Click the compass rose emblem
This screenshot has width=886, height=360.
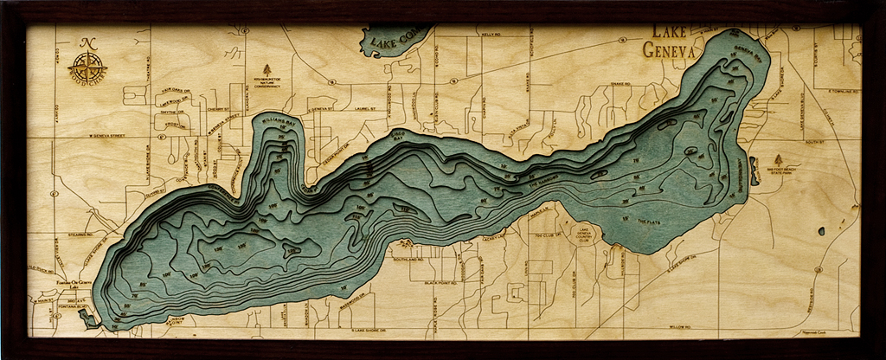pos(88,62)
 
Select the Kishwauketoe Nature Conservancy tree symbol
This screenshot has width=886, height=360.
pos(266,69)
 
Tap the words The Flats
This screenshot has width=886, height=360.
pos(648,222)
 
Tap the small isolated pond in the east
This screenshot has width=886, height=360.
pos(820,231)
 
